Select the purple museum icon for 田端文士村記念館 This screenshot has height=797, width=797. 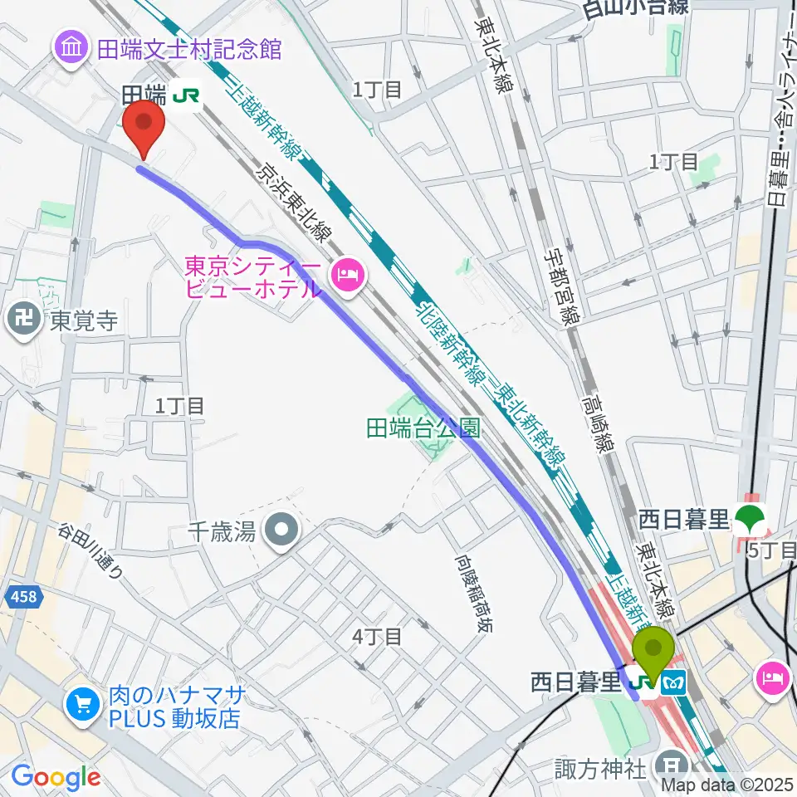pyautogui.click(x=71, y=47)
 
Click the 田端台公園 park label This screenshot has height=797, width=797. pyautogui.click(x=423, y=428)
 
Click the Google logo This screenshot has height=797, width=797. pyautogui.click(x=55, y=777)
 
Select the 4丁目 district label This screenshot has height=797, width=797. pyautogui.click(x=378, y=637)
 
